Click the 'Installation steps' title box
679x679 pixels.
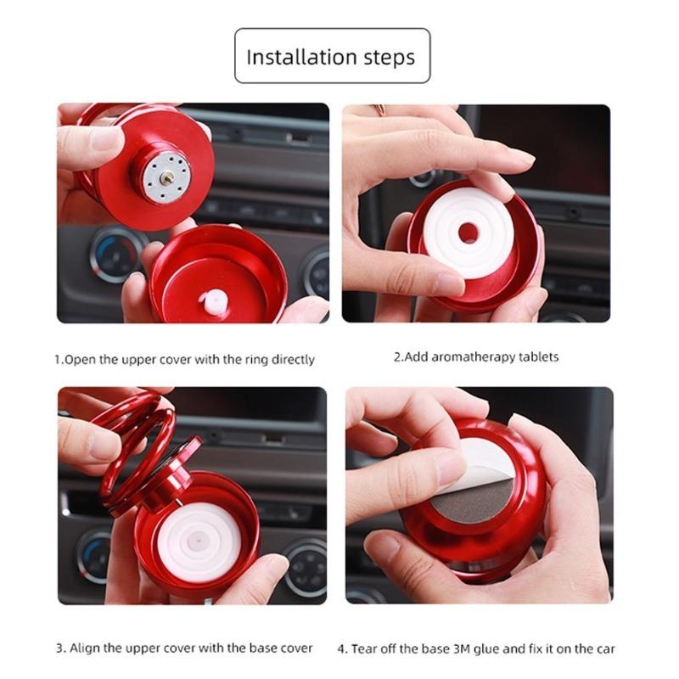[x=332, y=56]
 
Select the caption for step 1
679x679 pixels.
[x=184, y=359]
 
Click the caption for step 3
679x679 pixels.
[x=184, y=648]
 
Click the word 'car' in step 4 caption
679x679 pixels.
[x=605, y=648]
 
